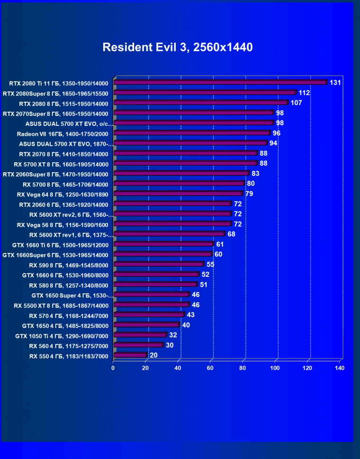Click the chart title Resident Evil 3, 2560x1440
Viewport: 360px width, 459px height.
pyautogui.click(x=178, y=47)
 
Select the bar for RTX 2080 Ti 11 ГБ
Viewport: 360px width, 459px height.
pyautogui.click(x=220, y=82)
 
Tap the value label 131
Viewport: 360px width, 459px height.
pyautogui.click(x=335, y=83)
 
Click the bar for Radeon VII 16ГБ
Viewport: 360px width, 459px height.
pyautogui.click(x=192, y=133)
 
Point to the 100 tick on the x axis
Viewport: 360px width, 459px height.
pyautogui.click(x=275, y=368)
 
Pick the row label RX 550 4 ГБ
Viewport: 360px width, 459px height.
pyautogui.click(x=69, y=356)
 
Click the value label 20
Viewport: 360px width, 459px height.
pyautogui.click(x=153, y=355)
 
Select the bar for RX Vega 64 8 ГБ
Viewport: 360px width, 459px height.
pyautogui.click(x=178, y=194)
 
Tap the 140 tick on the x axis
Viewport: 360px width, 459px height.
pyautogui.click(x=340, y=368)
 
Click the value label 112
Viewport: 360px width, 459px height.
pyautogui.click(x=304, y=93)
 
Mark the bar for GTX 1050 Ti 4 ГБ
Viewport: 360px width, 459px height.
pyautogui.click(x=140, y=335)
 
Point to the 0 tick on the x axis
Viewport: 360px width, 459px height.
pyautogui.click(x=113, y=368)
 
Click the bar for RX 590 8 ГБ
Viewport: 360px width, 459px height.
pyautogui.click(x=159, y=265)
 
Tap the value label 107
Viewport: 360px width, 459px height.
pyautogui.click(x=296, y=103)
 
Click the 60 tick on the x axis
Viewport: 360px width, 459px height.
pyautogui.click(x=210, y=368)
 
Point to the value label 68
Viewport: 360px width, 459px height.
pyautogui.click(x=231, y=234)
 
